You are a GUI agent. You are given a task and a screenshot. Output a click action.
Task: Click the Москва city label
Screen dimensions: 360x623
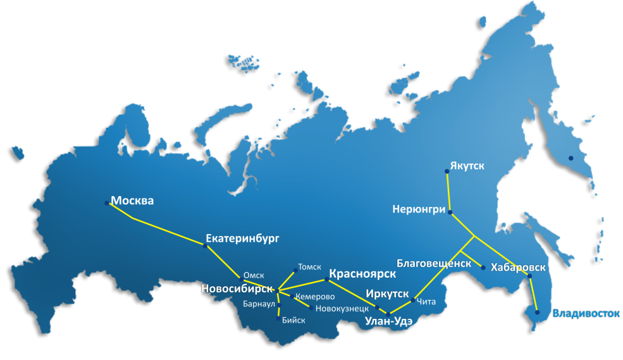click(x=132, y=201)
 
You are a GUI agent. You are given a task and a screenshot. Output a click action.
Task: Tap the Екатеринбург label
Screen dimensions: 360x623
click(x=242, y=239)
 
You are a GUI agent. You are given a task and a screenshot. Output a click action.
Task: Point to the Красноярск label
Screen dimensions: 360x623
click(x=362, y=274)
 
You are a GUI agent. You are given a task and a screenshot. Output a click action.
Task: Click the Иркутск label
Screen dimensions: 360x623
click(x=387, y=294)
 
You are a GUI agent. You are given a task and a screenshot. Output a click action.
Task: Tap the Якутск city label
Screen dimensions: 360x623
click(x=467, y=166)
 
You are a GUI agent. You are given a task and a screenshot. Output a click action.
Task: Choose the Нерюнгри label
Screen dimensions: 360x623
click(x=419, y=209)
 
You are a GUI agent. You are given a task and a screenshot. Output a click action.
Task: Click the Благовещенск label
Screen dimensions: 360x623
click(x=434, y=263)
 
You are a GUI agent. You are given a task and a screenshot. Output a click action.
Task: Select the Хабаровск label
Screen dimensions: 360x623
click(x=518, y=268)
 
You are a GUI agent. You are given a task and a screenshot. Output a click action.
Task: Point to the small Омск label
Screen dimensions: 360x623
click(x=254, y=275)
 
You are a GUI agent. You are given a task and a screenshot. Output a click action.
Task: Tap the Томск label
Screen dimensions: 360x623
click(x=309, y=267)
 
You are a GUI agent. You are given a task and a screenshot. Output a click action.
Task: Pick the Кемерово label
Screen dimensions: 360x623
click(x=315, y=296)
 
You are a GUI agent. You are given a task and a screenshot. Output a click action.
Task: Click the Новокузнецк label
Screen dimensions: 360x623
click(x=342, y=308)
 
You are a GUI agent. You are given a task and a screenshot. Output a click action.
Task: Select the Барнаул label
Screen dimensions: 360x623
click(x=259, y=304)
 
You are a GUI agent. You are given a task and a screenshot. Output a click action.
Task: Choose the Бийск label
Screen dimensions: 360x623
click(x=293, y=320)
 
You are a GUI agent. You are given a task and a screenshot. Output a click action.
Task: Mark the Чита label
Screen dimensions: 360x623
click(x=427, y=302)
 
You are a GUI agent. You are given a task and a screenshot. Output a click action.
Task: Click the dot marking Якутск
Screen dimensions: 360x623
click(x=447, y=171)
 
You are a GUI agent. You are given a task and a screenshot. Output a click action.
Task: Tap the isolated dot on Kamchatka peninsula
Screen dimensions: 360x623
click(x=570, y=158)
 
